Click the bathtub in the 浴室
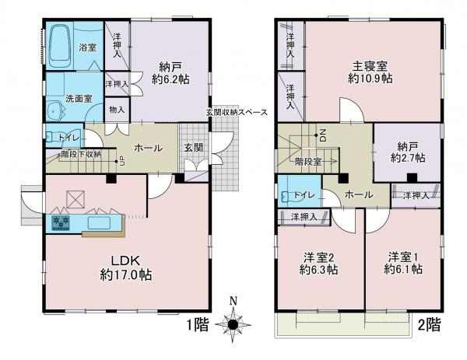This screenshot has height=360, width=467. click(61, 46)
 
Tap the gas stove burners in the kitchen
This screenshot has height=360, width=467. click(61, 223)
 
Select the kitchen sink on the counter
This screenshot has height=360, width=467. click(99, 223)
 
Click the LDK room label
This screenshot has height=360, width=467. click(125, 261)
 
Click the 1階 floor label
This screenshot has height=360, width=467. click(198, 324)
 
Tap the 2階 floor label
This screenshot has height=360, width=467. click(429, 324)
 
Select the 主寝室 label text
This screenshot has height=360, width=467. click(370, 66)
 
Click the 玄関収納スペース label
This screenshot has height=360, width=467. click(237, 113)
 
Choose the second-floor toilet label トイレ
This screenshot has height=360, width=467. click(304, 195)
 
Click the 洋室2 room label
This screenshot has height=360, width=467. click(318, 257)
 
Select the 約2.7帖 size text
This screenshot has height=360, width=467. click(408, 158)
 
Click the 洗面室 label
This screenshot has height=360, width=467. click(79, 99)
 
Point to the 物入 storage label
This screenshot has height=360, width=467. click(117, 110)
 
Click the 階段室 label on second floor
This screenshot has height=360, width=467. click(308, 162)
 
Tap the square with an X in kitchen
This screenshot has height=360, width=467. click(75, 199)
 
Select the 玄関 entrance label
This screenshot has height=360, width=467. click(194, 148)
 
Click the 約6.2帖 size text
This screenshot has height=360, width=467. click(170, 79)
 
